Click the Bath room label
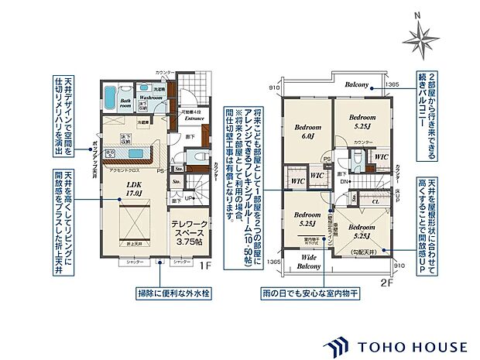tap(126, 101)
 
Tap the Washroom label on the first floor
tap(150, 98)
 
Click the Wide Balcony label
tap(310, 262)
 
